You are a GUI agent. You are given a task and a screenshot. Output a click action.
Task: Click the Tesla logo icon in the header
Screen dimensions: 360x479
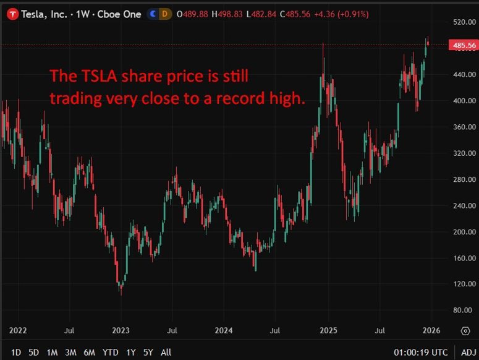tap(11, 14)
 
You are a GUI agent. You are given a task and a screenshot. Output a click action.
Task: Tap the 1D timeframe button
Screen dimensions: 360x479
tap(16, 353)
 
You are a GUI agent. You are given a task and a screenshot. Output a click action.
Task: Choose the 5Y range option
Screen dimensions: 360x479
tap(148, 353)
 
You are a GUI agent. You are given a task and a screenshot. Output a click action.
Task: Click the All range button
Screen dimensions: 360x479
tap(166, 353)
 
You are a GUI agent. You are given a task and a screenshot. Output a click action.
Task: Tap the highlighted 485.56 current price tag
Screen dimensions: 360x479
tap(464, 46)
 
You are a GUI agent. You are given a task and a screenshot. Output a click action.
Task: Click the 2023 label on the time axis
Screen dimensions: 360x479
tap(121, 330)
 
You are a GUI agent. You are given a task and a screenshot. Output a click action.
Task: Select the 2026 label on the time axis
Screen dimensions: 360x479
tap(431, 330)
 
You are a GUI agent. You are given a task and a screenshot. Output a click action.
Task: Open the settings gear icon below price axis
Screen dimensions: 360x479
tap(465, 331)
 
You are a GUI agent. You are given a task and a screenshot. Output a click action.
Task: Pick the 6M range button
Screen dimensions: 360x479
tap(90, 353)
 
